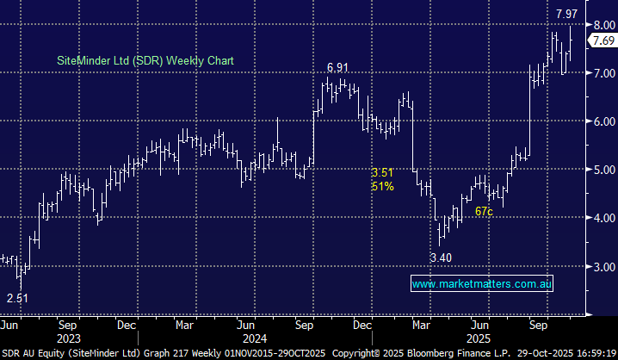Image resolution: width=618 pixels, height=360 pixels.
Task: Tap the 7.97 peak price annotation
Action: (x=566, y=14)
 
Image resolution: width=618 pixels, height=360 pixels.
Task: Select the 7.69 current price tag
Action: (x=603, y=40)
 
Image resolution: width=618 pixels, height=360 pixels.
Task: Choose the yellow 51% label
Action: (x=383, y=187)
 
